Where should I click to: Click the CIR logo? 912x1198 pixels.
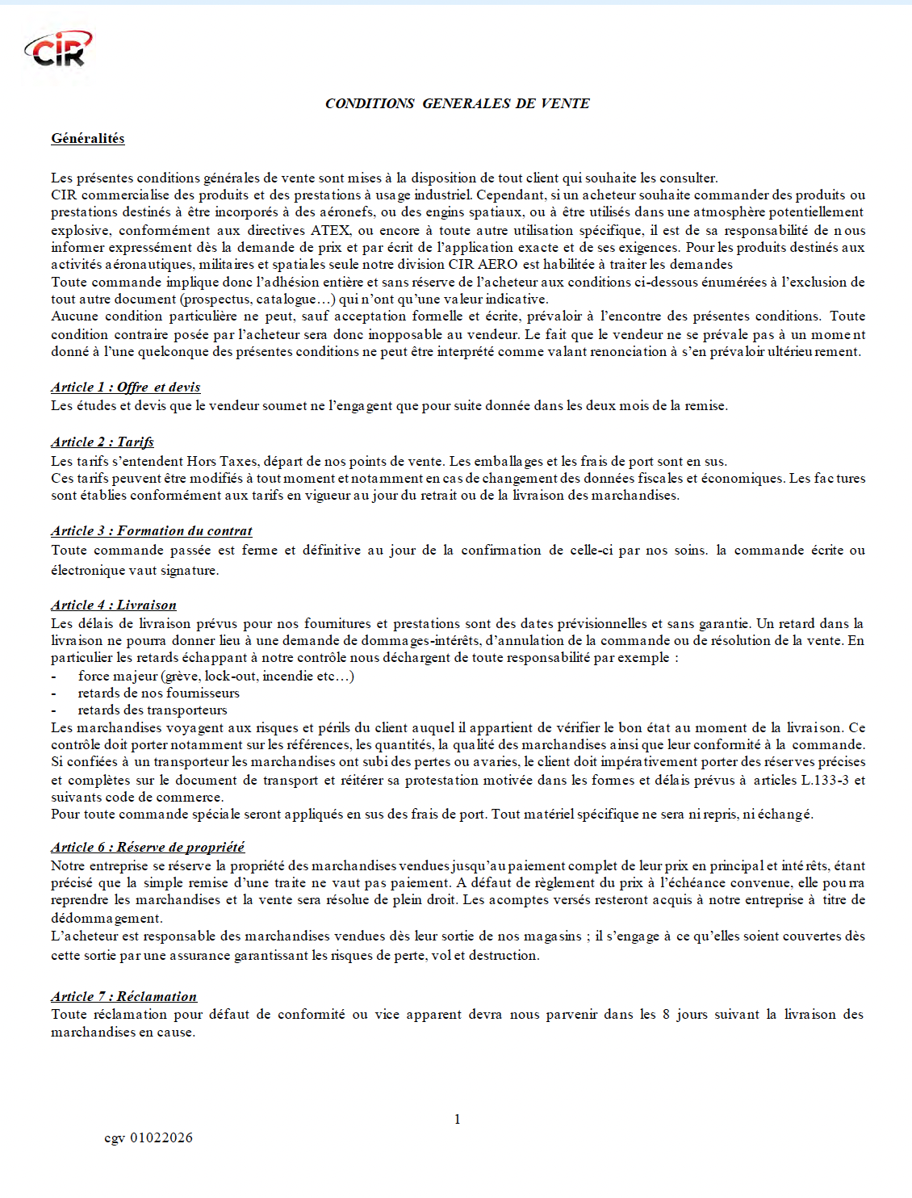click(58, 49)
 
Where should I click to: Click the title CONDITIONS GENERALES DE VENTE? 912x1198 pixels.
click(457, 103)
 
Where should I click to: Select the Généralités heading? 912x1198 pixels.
click(88, 139)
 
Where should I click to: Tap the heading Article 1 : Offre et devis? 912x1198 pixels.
click(125, 387)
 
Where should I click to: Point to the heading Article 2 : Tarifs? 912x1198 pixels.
click(102, 442)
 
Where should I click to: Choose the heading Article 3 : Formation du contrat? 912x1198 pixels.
click(151, 531)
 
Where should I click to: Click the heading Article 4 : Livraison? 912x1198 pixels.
click(113, 605)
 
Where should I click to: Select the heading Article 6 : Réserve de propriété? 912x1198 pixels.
click(148, 848)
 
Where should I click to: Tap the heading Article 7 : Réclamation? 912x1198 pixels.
click(123, 997)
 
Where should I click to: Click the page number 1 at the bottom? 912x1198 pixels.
click(458, 1120)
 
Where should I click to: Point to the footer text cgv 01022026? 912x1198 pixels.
click(149, 1138)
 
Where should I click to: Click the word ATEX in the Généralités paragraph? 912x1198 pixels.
click(330, 230)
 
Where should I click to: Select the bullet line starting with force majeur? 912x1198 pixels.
click(215, 676)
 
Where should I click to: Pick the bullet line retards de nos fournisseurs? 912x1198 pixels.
click(158, 693)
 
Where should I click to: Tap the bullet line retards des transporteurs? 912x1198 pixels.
click(153, 710)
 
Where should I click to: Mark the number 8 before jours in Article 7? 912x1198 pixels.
click(666, 1015)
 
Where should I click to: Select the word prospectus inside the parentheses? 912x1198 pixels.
click(215, 299)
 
